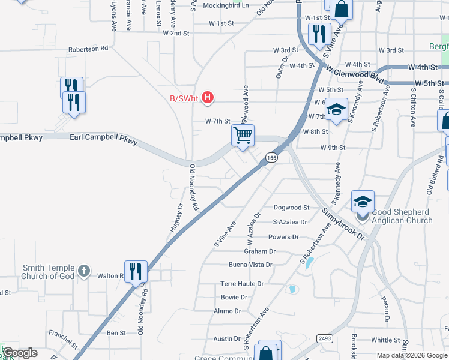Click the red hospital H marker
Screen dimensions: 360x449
pos(208,97)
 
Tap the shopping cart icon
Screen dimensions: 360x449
pos(243,135)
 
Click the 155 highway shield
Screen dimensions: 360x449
pos(271,158)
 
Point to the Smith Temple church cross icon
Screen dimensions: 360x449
pos(84,272)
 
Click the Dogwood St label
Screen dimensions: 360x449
pos(291,208)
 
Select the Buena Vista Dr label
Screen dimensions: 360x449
pos(250,265)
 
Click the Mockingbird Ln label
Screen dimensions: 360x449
pos(225,5)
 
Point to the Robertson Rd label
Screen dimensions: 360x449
pos(88,48)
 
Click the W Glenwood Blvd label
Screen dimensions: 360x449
pos(355,76)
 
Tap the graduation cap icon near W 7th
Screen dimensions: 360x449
pos(337,109)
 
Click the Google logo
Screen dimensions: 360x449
pos(20,353)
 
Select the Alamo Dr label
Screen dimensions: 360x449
pos(227,311)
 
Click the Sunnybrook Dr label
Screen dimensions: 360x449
pos(343,222)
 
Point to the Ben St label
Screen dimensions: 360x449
pos(116,332)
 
